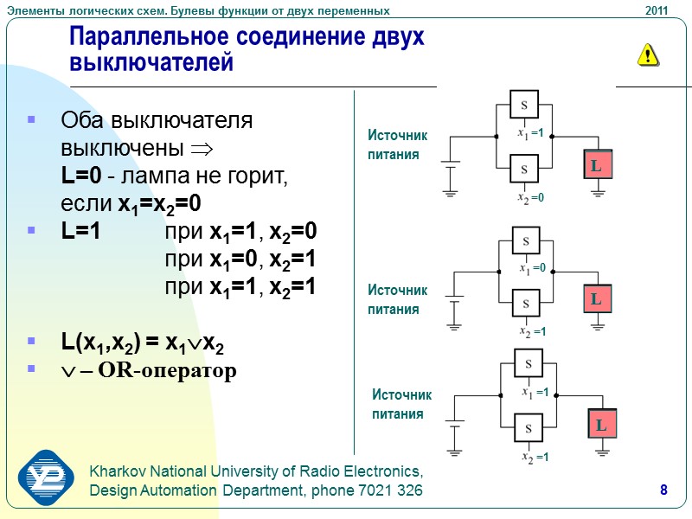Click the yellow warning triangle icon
pyautogui.click(x=648, y=55)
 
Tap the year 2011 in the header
pyautogui.click(x=657, y=10)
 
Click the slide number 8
pyautogui.click(x=663, y=491)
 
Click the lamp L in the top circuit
pyautogui.click(x=596, y=164)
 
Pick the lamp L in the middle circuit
pyautogui.click(x=596, y=299)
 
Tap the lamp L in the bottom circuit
pyautogui.click(x=601, y=426)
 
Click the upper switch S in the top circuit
pyautogui.click(x=523, y=106)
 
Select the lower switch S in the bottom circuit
pyautogui.click(x=528, y=427)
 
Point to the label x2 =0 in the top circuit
pyautogui.click(x=530, y=199)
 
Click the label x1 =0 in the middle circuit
pyautogui.click(x=532, y=268)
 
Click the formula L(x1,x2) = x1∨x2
pyautogui.click(x=143, y=343)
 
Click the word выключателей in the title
pyautogui.click(x=151, y=63)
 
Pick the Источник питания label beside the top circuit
pyautogui.click(x=397, y=145)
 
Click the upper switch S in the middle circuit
pyautogui.click(x=525, y=240)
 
